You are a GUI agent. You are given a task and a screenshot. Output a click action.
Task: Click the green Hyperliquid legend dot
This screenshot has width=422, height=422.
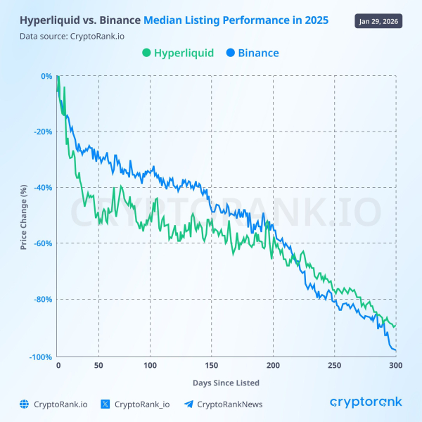point(146,53)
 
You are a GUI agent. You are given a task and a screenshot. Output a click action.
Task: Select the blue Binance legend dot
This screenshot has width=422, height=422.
point(231,53)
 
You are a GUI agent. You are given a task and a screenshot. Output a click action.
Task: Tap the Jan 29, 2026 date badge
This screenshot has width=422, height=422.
point(380,20)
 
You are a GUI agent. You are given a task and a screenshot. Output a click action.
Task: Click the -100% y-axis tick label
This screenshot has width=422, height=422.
point(41,357)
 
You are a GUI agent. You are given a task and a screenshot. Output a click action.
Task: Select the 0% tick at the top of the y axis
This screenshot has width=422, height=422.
point(46,76)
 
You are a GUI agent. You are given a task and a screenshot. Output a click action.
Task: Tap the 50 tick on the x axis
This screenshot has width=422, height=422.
point(98,366)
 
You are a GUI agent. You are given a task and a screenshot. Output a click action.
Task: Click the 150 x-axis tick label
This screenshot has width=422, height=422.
point(210,366)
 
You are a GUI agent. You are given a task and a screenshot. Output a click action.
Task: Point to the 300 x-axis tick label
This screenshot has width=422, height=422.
point(395,366)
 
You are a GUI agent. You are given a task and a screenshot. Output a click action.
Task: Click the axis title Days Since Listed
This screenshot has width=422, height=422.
point(226,383)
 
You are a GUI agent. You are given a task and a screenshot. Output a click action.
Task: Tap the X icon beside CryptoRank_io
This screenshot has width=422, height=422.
point(105,404)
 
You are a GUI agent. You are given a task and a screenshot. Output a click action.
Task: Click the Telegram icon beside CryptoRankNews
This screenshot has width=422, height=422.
point(188,404)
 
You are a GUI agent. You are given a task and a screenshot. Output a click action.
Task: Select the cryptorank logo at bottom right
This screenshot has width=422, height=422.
point(366,402)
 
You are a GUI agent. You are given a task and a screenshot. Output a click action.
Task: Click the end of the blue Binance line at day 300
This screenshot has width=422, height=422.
point(396,350)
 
